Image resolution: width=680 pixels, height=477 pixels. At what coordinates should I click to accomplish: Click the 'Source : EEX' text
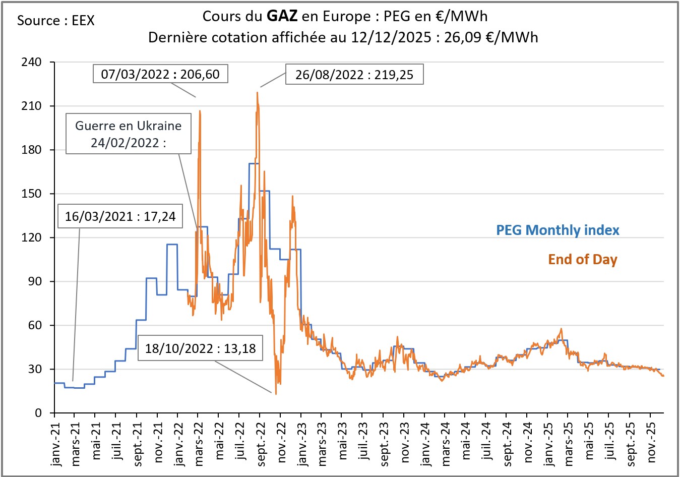55,21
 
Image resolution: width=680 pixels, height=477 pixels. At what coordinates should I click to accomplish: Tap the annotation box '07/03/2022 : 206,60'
161,74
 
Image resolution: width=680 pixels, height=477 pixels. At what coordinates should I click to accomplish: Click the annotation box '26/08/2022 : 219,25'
354,75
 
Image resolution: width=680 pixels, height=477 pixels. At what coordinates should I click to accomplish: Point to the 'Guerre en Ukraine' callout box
129,134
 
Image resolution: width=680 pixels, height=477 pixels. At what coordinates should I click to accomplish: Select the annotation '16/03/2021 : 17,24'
120,216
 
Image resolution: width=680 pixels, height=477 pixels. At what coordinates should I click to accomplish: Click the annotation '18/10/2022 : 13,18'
201,348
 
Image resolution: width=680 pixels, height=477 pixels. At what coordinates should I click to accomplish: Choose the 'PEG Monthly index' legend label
558,230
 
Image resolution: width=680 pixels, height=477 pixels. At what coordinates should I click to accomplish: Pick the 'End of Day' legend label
583,260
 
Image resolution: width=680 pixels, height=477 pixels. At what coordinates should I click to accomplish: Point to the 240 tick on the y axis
31,62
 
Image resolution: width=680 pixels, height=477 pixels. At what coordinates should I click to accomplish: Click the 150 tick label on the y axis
31,194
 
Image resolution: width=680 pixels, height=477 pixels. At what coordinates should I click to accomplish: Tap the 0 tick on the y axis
38,413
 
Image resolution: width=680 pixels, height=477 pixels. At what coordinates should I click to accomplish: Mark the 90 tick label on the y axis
35,281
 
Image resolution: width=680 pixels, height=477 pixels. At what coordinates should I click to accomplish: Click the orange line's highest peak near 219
257,92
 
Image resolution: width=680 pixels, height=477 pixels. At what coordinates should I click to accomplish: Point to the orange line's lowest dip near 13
276,393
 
